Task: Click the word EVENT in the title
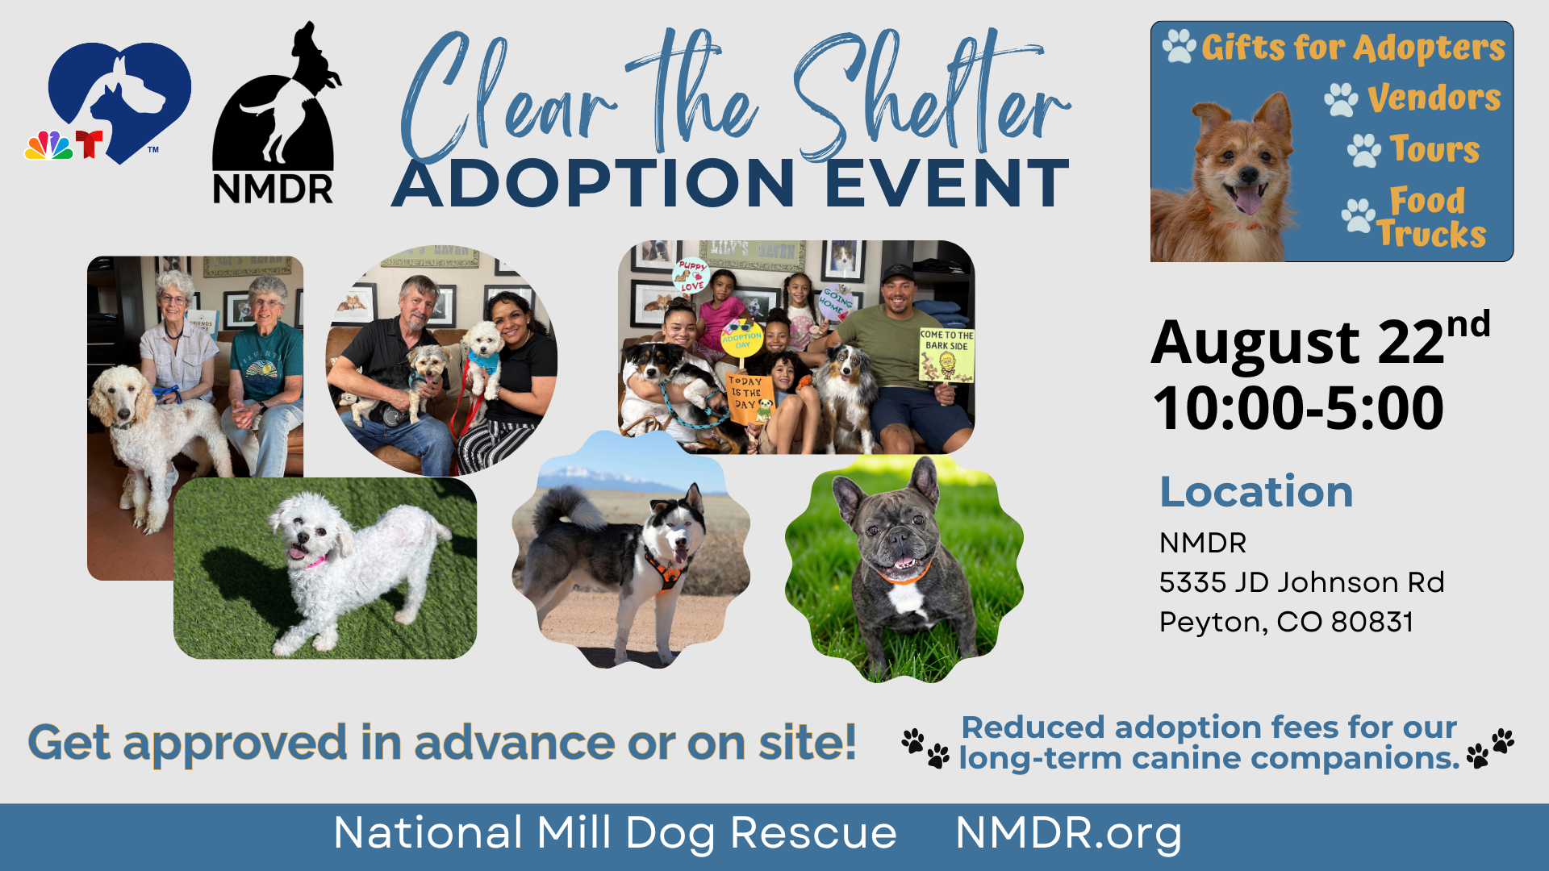coord(947,184)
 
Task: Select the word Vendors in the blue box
coord(1434,98)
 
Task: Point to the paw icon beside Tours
coord(1363,150)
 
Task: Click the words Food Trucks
coord(1430,217)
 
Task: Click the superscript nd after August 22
coord(1468,324)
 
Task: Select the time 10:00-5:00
coord(1298,408)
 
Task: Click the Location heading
coord(1256,491)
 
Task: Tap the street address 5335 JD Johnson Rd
coord(1301,582)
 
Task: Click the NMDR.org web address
coord(1068,834)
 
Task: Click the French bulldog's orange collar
coord(902,576)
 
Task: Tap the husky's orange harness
coord(666,568)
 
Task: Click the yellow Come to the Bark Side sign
coord(946,354)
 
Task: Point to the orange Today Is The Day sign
coord(749,398)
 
